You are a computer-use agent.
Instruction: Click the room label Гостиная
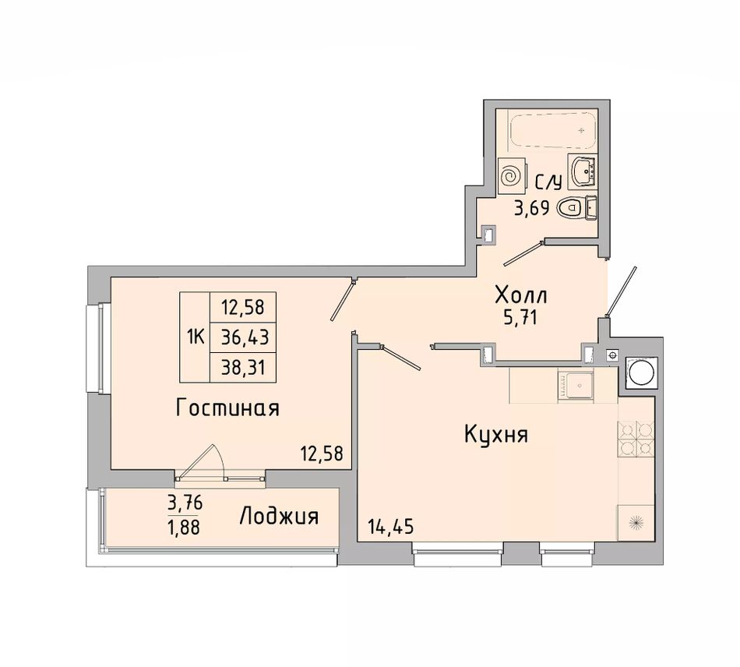[227, 408]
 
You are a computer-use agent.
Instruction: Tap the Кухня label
[496, 434]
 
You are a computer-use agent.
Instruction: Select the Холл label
[520, 295]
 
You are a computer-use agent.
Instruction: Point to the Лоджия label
[280, 517]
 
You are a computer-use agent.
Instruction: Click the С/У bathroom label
[548, 182]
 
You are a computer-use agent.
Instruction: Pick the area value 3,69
[531, 208]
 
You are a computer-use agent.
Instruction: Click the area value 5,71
[521, 319]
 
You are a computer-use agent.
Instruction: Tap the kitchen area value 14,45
[390, 526]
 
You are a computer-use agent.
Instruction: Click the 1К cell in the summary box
[196, 337]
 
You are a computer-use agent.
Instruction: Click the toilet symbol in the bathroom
[569, 207]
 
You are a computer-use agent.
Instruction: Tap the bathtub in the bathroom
[553, 129]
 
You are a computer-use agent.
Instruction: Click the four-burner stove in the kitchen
[636, 439]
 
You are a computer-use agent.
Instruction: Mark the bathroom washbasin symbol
[584, 171]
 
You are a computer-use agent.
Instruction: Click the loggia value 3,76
[185, 503]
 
